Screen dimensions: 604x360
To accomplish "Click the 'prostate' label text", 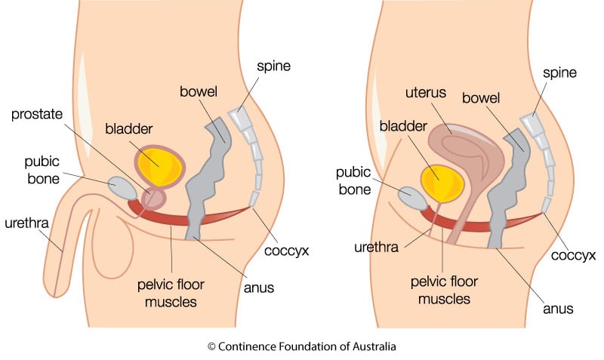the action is coord(37,115).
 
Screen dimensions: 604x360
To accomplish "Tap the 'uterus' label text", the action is coord(426,92).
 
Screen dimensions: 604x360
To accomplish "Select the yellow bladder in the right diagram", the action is coord(443,183).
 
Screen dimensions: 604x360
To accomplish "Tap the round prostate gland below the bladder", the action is coord(154,198).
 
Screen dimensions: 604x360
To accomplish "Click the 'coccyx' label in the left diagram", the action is coord(287,251).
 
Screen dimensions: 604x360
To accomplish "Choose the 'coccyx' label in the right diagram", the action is coord(574,255).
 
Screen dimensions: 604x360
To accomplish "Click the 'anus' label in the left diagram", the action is coord(259,288).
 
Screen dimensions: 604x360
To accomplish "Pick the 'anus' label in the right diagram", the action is coord(558,309).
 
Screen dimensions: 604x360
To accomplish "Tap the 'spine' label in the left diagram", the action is coord(274,66).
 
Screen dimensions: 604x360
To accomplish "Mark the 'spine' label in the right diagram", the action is coord(559,73).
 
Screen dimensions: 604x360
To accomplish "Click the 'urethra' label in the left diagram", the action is coord(26,223).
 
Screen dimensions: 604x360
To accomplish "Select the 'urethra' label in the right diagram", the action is coord(376,248).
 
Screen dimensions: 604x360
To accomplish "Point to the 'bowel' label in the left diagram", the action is coord(199,91).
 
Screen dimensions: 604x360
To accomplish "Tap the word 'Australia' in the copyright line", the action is coord(374,346).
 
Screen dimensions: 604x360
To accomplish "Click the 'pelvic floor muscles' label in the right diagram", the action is coord(444,290).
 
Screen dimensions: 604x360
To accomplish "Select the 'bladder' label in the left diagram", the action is coord(129,128).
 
